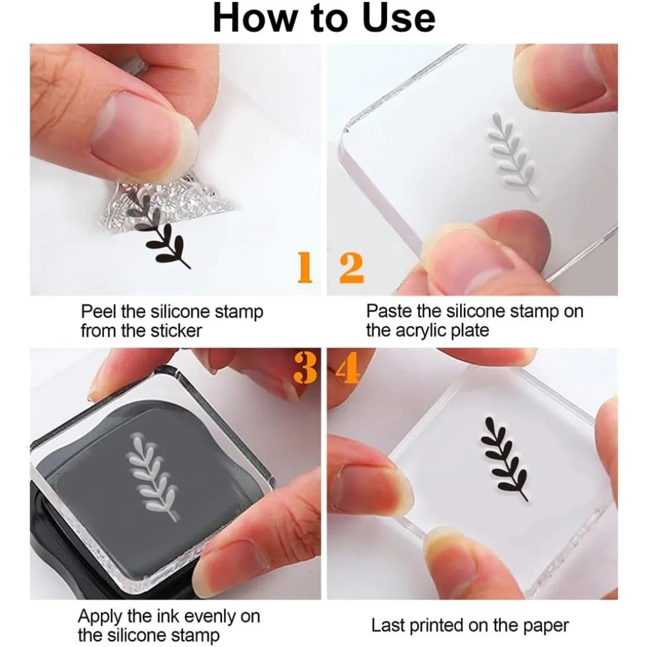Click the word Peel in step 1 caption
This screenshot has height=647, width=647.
tap(99, 312)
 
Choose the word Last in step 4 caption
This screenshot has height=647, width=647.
tap(388, 626)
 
